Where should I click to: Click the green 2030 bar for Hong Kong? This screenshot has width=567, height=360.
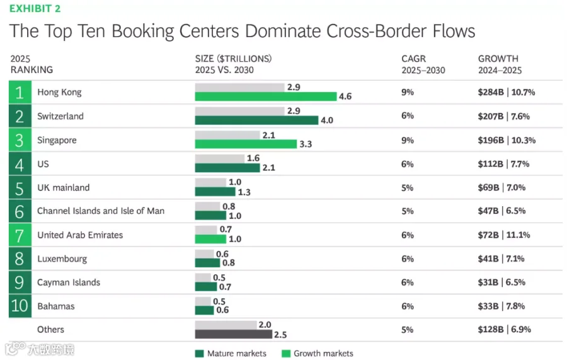coord(266,96)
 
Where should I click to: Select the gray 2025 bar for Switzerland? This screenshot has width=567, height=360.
coord(240,111)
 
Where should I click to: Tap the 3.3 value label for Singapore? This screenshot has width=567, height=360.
coord(306,144)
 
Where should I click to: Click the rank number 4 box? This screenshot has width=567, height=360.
coord(20,164)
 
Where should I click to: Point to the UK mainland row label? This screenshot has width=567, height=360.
coord(63,187)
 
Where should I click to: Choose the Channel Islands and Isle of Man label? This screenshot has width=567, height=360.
coord(101,211)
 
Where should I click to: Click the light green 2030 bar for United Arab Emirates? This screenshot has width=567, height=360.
coord(210,239)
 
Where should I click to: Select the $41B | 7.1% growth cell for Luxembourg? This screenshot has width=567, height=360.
coord(501,258)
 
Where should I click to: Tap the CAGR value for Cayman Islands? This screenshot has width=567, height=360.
coord(407,282)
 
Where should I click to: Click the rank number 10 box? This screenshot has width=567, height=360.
coord(20,306)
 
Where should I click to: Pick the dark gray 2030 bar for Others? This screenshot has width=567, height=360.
coord(234,334)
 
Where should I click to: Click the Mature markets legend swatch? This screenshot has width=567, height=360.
coord(199,354)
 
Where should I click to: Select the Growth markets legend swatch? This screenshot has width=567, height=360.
coord(286,354)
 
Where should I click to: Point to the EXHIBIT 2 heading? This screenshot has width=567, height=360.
coord(35,9)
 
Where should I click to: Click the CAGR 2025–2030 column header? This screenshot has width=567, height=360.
coord(423,64)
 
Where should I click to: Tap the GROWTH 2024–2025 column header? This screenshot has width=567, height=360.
coord(500,64)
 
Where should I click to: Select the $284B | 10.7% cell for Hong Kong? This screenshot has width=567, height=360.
coord(507,92)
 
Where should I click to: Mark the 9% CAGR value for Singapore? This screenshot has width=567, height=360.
coord(408,141)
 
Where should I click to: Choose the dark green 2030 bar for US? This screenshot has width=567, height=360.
coord(227,168)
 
